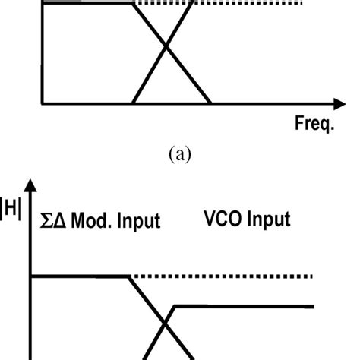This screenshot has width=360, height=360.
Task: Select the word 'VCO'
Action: tap(223, 219)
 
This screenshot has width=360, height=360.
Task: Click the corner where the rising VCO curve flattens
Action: tap(176, 305)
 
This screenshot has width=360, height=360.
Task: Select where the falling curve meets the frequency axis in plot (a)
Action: tap(210, 103)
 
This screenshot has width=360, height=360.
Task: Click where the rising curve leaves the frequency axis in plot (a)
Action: tap(132, 103)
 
